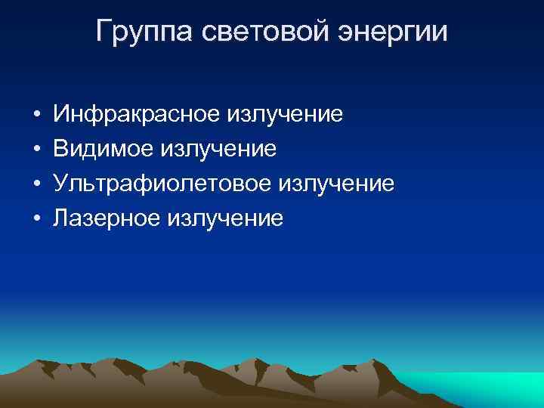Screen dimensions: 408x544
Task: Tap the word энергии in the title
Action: pyautogui.click(x=394, y=32)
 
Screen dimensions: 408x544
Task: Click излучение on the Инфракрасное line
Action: pyautogui.click(x=285, y=115)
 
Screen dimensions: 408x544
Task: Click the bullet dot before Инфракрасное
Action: pyautogui.click(x=36, y=116)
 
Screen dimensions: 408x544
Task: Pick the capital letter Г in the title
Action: pyautogui.click(x=104, y=32)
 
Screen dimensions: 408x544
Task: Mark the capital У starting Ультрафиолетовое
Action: pyautogui.click(x=60, y=184)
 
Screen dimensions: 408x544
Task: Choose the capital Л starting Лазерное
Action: pyautogui.click(x=60, y=218)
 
